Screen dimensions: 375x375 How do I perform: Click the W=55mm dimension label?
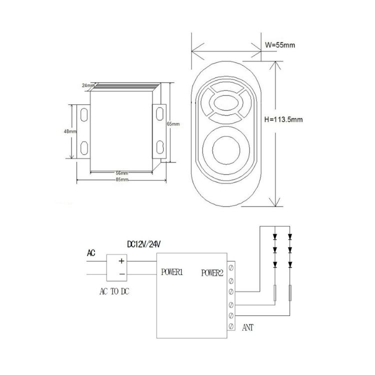(x=280, y=45)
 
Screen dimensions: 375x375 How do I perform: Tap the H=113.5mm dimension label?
(x=283, y=119)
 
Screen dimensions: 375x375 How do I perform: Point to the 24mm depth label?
(x=88, y=85)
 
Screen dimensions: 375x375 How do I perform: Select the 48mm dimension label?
(x=70, y=131)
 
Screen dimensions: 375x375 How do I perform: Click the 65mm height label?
(x=173, y=124)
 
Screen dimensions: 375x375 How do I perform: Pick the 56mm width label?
(x=121, y=173)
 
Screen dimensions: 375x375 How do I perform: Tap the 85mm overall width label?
(x=122, y=179)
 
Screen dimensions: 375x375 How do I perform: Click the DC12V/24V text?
(x=143, y=244)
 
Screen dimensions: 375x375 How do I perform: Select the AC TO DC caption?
(x=114, y=291)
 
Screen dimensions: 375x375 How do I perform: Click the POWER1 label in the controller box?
(x=172, y=272)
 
